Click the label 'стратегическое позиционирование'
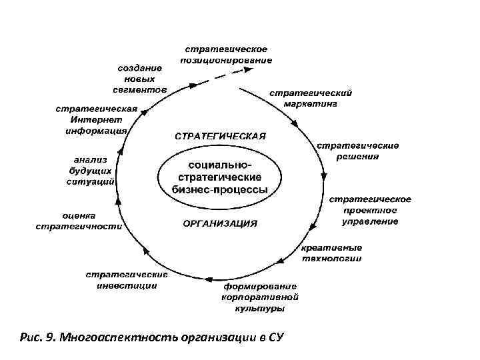226,55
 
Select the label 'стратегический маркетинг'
310,99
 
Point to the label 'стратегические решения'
357,151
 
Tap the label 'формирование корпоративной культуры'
261,298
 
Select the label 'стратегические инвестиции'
126,280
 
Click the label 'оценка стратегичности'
79,221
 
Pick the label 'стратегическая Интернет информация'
96,120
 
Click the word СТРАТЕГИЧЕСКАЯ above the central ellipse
220,137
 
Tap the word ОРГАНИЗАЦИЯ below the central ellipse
220,224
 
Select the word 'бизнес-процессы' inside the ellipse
220,189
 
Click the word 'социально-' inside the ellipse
221,164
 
